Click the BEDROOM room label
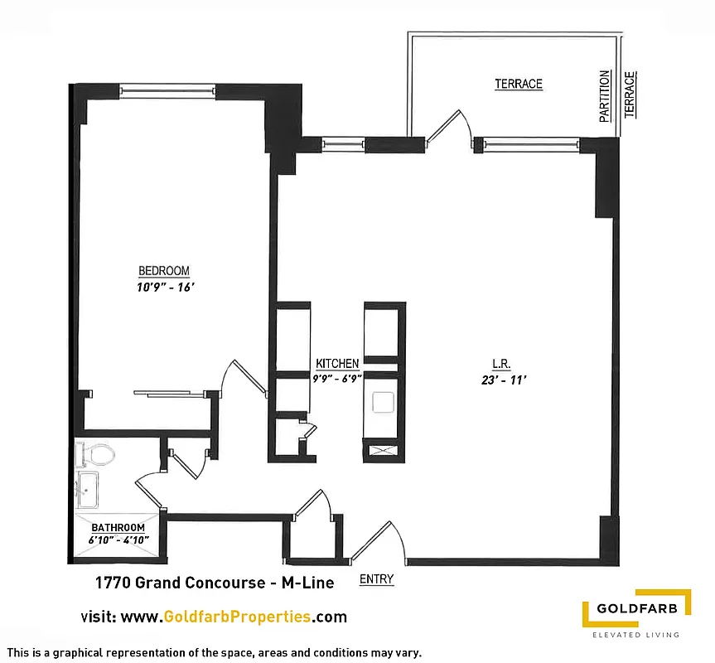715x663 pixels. (x=163, y=271)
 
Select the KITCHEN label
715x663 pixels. (x=337, y=364)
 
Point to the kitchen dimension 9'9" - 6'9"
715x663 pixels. (x=337, y=377)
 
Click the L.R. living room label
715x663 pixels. (x=500, y=364)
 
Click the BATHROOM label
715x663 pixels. (x=118, y=528)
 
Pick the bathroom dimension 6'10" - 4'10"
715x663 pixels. (x=118, y=540)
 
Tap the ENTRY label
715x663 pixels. (x=376, y=580)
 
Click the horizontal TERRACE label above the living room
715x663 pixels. (x=519, y=84)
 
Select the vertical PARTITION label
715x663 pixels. (x=605, y=96)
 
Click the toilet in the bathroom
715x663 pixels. (x=97, y=455)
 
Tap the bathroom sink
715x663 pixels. (x=87, y=490)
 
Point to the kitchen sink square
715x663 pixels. (x=383, y=403)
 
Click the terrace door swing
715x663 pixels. (x=452, y=129)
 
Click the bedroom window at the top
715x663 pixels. (x=168, y=90)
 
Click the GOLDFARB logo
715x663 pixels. (x=635, y=612)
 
